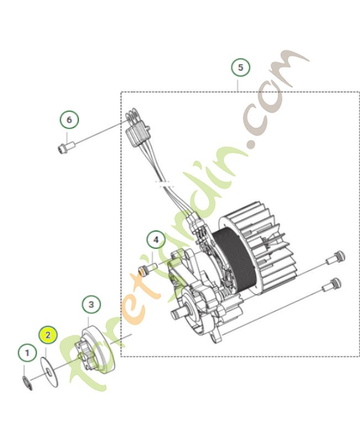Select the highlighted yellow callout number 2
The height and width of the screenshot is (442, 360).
48,335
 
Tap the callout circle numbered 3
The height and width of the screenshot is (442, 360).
91,304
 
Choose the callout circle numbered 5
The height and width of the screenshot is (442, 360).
240,68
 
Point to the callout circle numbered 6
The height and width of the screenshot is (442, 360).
69,119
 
